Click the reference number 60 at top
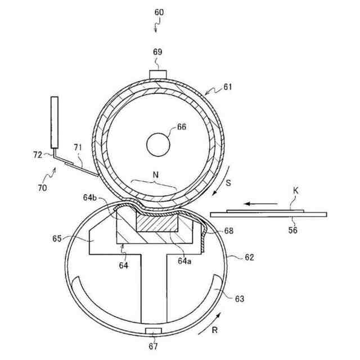tap(159, 12)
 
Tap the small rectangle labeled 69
tap(157, 75)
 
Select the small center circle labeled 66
tap(158, 145)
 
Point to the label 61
tap(228, 87)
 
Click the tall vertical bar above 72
tap(55, 123)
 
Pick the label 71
tap(78, 147)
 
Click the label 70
tap(43, 188)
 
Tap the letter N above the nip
tap(156, 175)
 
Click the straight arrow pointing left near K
tap(261, 204)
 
